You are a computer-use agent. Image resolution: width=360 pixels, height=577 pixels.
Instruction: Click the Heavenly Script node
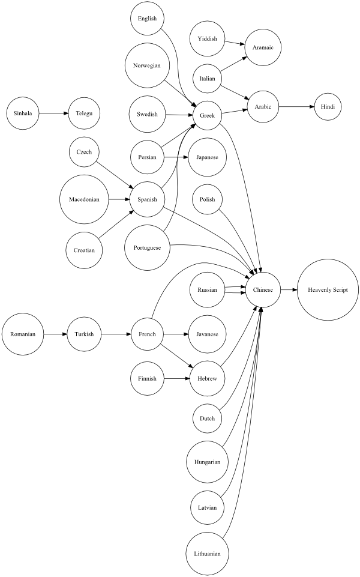[x=327, y=290]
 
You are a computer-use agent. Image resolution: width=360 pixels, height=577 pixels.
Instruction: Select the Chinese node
[x=263, y=290]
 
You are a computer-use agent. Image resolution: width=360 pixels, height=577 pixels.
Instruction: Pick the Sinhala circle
[x=22, y=112]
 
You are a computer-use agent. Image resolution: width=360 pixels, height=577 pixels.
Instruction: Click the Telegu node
[x=84, y=112]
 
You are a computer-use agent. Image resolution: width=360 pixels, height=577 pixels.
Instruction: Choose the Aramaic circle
[x=263, y=47]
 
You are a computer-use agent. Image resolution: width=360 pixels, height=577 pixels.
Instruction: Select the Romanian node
[x=23, y=334]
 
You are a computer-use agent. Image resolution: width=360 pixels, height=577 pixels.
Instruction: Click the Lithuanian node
[x=207, y=552]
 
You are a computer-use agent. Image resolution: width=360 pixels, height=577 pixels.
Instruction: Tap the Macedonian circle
[x=83, y=199]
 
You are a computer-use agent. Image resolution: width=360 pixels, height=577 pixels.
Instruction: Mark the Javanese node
[x=207, y=334]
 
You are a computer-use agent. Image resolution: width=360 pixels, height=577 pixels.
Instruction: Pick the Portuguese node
[x=147, y=247]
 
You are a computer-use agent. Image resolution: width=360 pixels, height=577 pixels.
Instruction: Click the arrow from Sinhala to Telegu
[x=53, y=112]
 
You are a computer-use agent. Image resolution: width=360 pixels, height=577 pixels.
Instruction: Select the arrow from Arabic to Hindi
[x=297, y=107]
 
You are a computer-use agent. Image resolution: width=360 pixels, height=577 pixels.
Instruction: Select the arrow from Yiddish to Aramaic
[x=234, y=42]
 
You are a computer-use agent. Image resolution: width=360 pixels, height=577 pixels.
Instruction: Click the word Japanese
[x=207, y=158]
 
